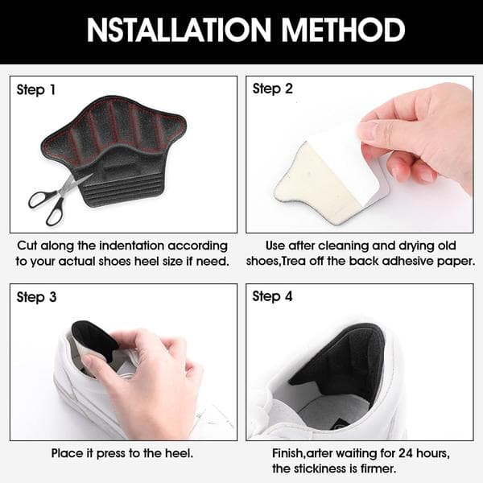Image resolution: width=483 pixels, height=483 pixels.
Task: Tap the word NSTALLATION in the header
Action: pyautogui.click(x=179, y=30)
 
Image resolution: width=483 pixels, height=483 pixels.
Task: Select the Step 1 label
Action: pyautogui.click(x=36, y=90)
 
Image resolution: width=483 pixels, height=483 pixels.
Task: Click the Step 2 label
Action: pyautogui.click(x=272, y=89)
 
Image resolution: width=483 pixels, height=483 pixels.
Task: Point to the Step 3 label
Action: pyautogui.click(x=36, y=297)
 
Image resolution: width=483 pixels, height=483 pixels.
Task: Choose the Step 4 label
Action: pyautogui.click(x=272, y=296)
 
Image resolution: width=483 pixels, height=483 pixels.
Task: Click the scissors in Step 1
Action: pyautogui.click(x=59, y=199)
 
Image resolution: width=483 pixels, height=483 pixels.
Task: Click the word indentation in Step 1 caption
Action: pyautogui.click(x=132, y=246)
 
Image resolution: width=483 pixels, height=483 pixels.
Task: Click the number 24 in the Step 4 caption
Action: pyautogui.click(x=406, y=453)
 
